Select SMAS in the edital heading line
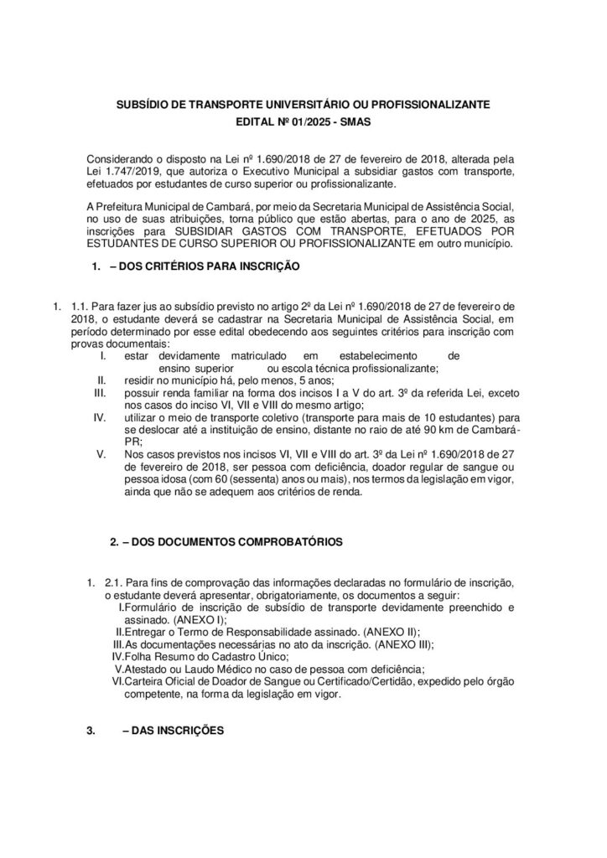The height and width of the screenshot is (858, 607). [x=354, y=121]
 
